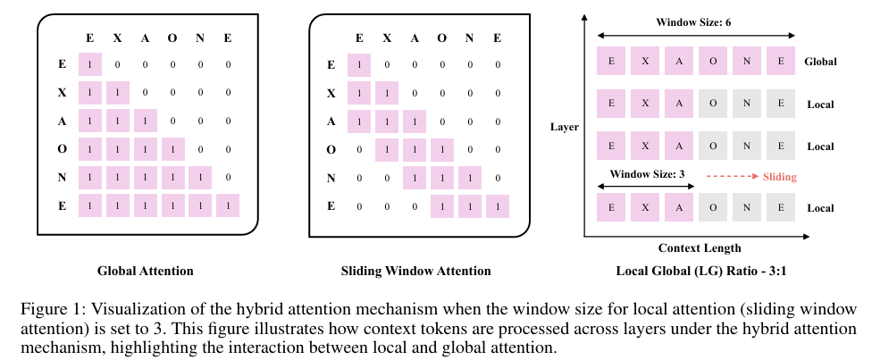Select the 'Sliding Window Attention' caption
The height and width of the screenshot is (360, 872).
416,270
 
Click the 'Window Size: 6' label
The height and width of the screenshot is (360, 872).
694,21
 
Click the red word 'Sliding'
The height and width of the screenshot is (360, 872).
780,178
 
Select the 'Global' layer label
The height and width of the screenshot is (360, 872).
820,62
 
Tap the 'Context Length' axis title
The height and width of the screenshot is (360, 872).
699,248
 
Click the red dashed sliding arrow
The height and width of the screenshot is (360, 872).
732,178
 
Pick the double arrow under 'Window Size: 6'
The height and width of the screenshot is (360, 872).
694,35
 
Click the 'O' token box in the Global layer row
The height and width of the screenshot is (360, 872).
712,62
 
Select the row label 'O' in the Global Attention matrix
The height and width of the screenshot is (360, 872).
63,149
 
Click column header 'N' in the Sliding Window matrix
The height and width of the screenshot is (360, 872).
469,38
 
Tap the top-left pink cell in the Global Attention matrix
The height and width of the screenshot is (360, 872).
90,64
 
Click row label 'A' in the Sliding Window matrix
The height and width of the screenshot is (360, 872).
331,121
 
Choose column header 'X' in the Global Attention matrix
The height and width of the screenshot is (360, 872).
117,38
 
